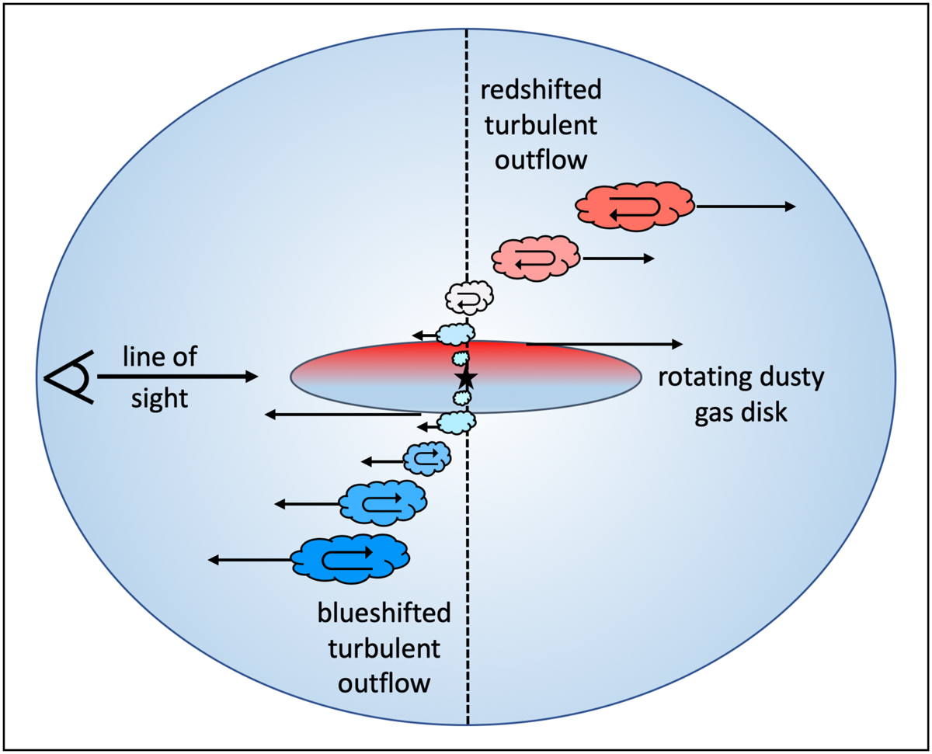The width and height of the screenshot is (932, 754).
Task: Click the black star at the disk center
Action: pyautogui.click(x=466, y=377)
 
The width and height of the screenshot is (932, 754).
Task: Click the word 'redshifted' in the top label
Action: pyautogui.click(x=539, y=92)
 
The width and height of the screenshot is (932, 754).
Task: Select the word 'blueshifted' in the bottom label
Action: pyautogui.click(x=384, y=613)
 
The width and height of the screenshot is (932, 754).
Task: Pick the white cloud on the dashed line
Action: pyautogui.click(x=469, y=296)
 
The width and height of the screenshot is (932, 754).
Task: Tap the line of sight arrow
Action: pyautogui.click(x=177, y=377)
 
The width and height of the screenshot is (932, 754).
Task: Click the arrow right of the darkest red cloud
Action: pyautogui.click(x=746, y=207)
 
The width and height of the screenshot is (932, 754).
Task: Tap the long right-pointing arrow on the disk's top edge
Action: pyautogui.click(x=604, y=343)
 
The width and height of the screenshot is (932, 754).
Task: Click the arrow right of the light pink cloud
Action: pyautogui.click(x=618, y=259)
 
